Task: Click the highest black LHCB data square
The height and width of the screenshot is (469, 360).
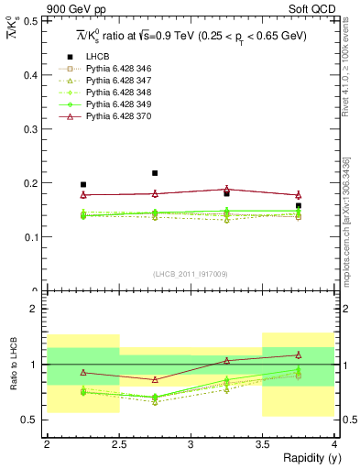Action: (x=155, y=173)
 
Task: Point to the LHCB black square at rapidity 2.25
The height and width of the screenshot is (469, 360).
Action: (x=83, y=184)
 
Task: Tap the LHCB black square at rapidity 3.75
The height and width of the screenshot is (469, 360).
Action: (x=299, y=206)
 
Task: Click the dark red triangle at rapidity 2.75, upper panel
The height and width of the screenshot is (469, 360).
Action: (x=155, y=193)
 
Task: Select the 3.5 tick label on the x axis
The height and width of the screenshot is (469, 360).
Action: (x=263, y=444)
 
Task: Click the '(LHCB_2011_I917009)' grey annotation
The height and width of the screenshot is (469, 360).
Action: (x=191, y=274)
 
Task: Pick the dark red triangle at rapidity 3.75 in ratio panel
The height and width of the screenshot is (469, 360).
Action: (x=299, y=354)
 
